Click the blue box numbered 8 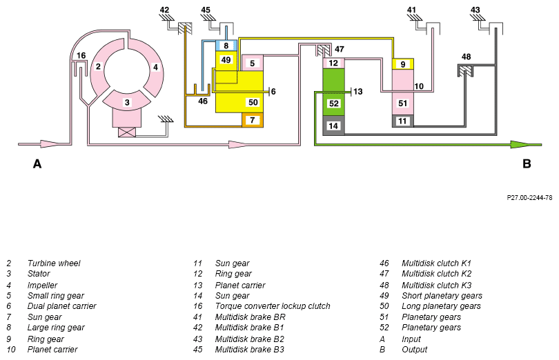coord(226,46)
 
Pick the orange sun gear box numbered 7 coord(253,120)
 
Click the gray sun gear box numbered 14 coord(334,126)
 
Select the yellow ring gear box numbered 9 coord(403,64)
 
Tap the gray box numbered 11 coord(403,121)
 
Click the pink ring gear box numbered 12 coord(334,63)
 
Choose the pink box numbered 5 coord(253,63)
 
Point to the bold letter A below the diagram coord(37,164)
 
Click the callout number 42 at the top coord(164,10)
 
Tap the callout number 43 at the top coord(475,10)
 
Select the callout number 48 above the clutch coord(467,57)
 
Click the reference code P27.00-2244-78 coord(529,197)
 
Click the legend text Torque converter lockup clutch coord(273,306)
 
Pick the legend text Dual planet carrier coord(61,306)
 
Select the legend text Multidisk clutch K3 coord(437,285)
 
